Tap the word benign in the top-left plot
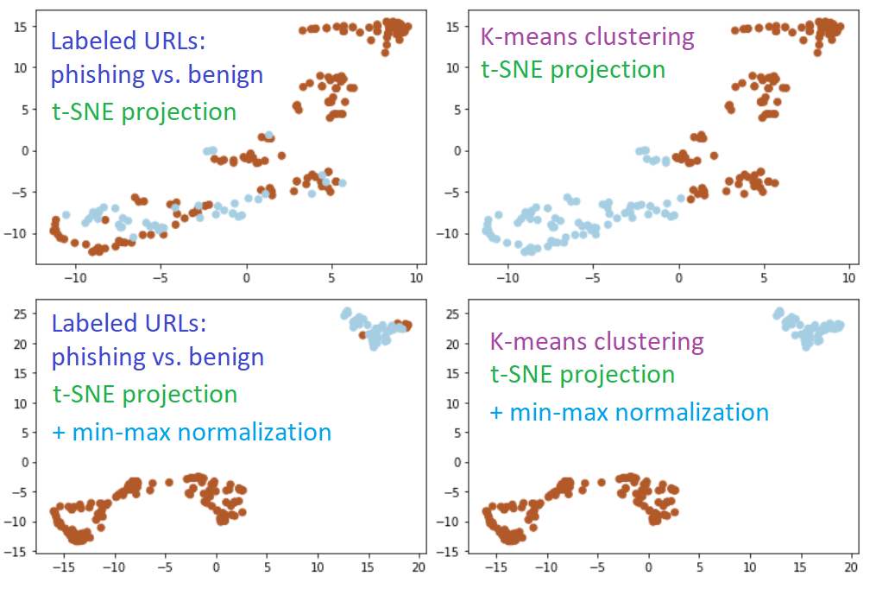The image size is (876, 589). click(x=221, y=75)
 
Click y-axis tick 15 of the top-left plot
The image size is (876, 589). click(x=21, y=26)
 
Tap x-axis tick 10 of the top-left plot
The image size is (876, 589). click(x=417, y=278)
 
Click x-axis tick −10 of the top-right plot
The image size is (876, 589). click(x=507, y=278)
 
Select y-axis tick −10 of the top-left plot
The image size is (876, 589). click(x=17, y=233)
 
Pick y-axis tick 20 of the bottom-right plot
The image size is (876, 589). click(x=453, y=343)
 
